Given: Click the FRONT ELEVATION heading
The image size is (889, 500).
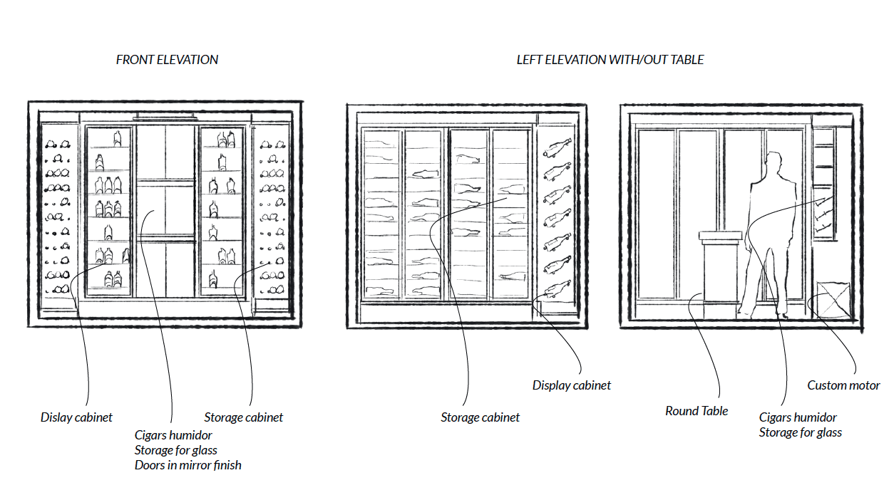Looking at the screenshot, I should tap(167, 60).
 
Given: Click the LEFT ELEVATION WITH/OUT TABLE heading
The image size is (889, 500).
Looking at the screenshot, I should tap(610, 60).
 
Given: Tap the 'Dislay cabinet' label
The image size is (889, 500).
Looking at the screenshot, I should tap(76, 417).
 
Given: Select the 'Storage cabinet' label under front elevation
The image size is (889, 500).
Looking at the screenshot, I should tap(244, 417).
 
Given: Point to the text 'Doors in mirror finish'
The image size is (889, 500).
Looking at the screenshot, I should tap(188, 465).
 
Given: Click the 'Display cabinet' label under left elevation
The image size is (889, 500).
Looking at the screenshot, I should tap(572, 385).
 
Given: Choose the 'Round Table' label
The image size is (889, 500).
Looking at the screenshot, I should tap(697, 411).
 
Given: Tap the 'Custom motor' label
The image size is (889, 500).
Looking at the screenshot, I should tap(843, 385).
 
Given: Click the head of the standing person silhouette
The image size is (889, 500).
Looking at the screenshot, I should tap(775, 163).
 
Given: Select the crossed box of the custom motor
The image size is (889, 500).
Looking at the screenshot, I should tap(831, 300).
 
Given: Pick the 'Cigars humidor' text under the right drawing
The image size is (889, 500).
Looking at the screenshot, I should tap(798, 417).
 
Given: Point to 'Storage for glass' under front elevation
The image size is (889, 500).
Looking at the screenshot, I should tap(176, 449).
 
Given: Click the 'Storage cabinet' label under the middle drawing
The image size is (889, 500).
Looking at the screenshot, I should tap(481, 417).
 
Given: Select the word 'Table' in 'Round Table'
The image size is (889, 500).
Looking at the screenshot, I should tap(714, 411).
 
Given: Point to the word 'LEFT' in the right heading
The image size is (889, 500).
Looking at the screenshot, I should tap(529, 60).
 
